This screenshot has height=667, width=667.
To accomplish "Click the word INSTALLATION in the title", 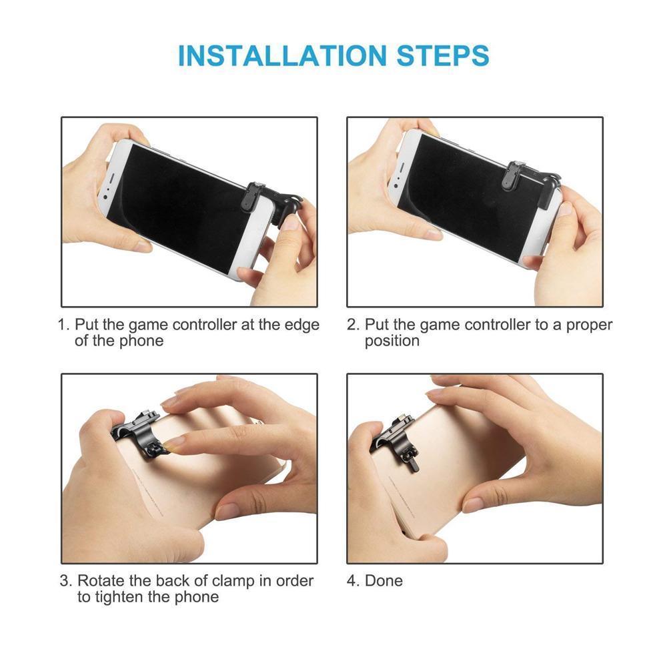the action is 282,56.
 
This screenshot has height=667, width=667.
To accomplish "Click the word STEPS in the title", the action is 443,56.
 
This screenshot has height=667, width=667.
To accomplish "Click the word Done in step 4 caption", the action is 384,581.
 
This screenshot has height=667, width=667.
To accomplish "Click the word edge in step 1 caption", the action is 301,325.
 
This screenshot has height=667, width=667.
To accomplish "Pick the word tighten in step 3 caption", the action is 120,597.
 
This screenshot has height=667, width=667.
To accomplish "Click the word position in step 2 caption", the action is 392,341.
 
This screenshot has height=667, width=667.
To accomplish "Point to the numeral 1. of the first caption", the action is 64,325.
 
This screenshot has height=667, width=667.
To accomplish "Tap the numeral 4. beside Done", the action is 354,581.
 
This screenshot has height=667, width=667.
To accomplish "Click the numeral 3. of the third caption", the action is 66,581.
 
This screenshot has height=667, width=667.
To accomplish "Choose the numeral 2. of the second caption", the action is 354,325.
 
